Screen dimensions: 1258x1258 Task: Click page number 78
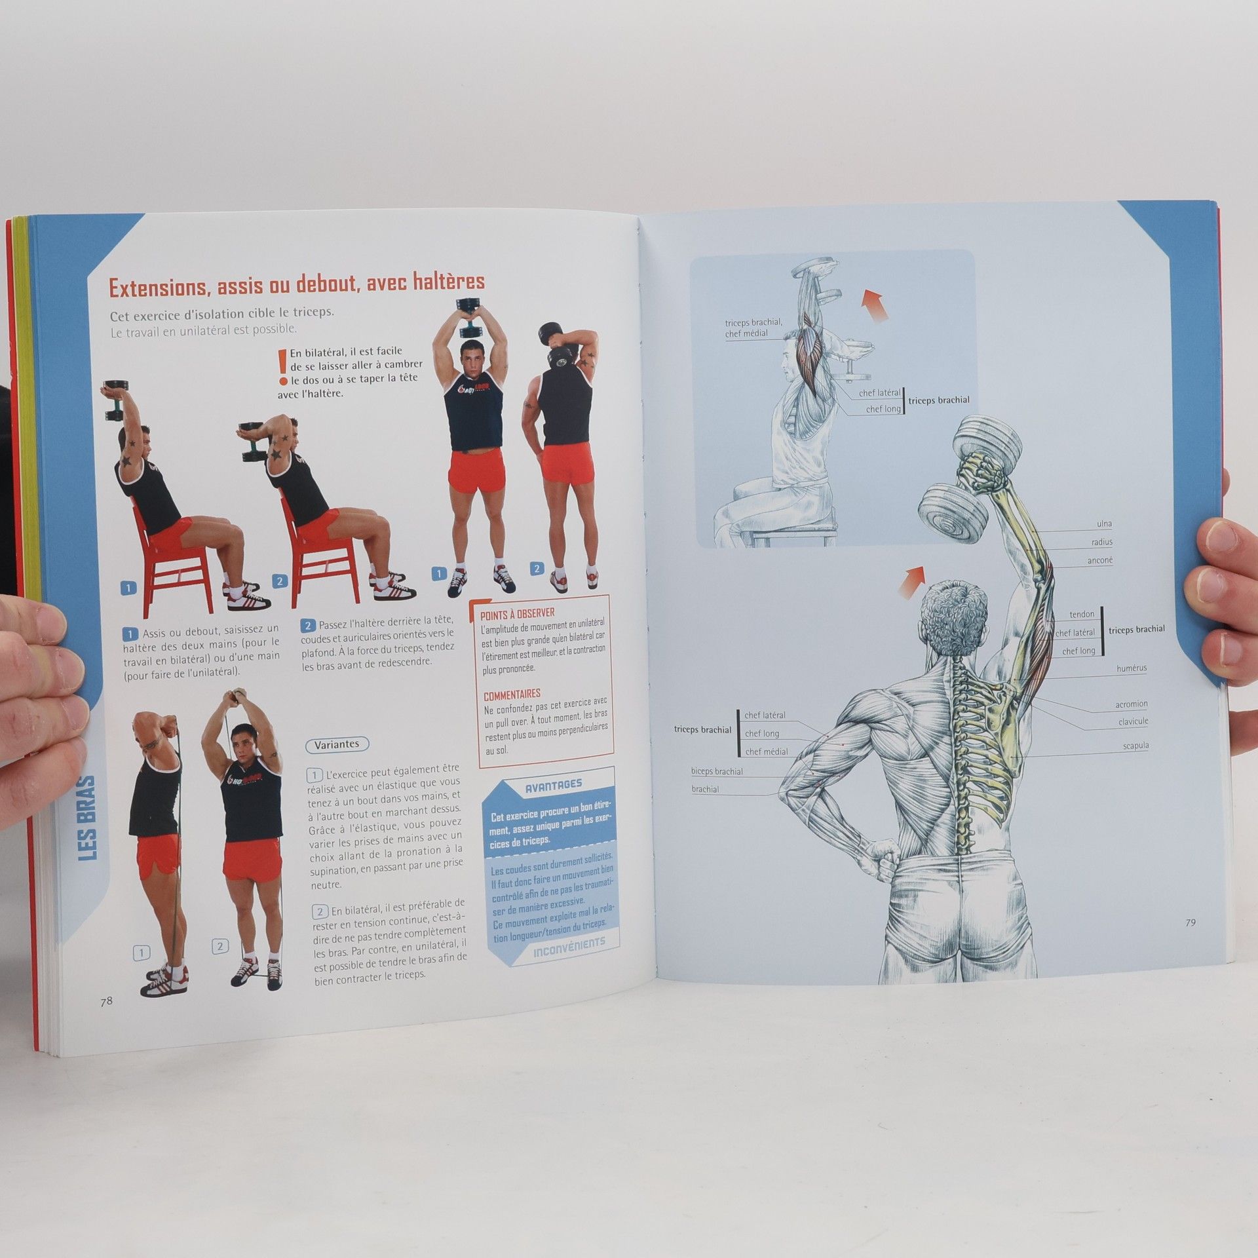[106, 1020]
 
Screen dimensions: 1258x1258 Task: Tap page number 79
[1191, 922]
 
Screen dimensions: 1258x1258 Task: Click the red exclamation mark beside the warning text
[282, 367]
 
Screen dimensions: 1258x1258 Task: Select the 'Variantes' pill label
[337, 744]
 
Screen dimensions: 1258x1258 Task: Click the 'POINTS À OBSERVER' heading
[518, 615]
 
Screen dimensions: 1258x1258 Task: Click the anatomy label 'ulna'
[1104, 524]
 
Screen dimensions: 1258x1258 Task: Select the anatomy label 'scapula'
[1135, 746]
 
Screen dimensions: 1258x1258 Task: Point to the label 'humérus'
[1132, 668]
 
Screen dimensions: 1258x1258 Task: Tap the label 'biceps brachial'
[717, 771]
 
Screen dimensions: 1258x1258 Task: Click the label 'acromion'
[1132, 704]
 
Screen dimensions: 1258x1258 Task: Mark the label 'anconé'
[1100, 560]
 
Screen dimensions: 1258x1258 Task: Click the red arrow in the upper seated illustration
[875, 306]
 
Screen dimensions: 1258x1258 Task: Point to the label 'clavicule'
[1134, 721]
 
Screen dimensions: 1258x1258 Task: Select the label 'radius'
[1102, 542]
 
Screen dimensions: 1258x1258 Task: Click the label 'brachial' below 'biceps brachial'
[705, 789]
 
